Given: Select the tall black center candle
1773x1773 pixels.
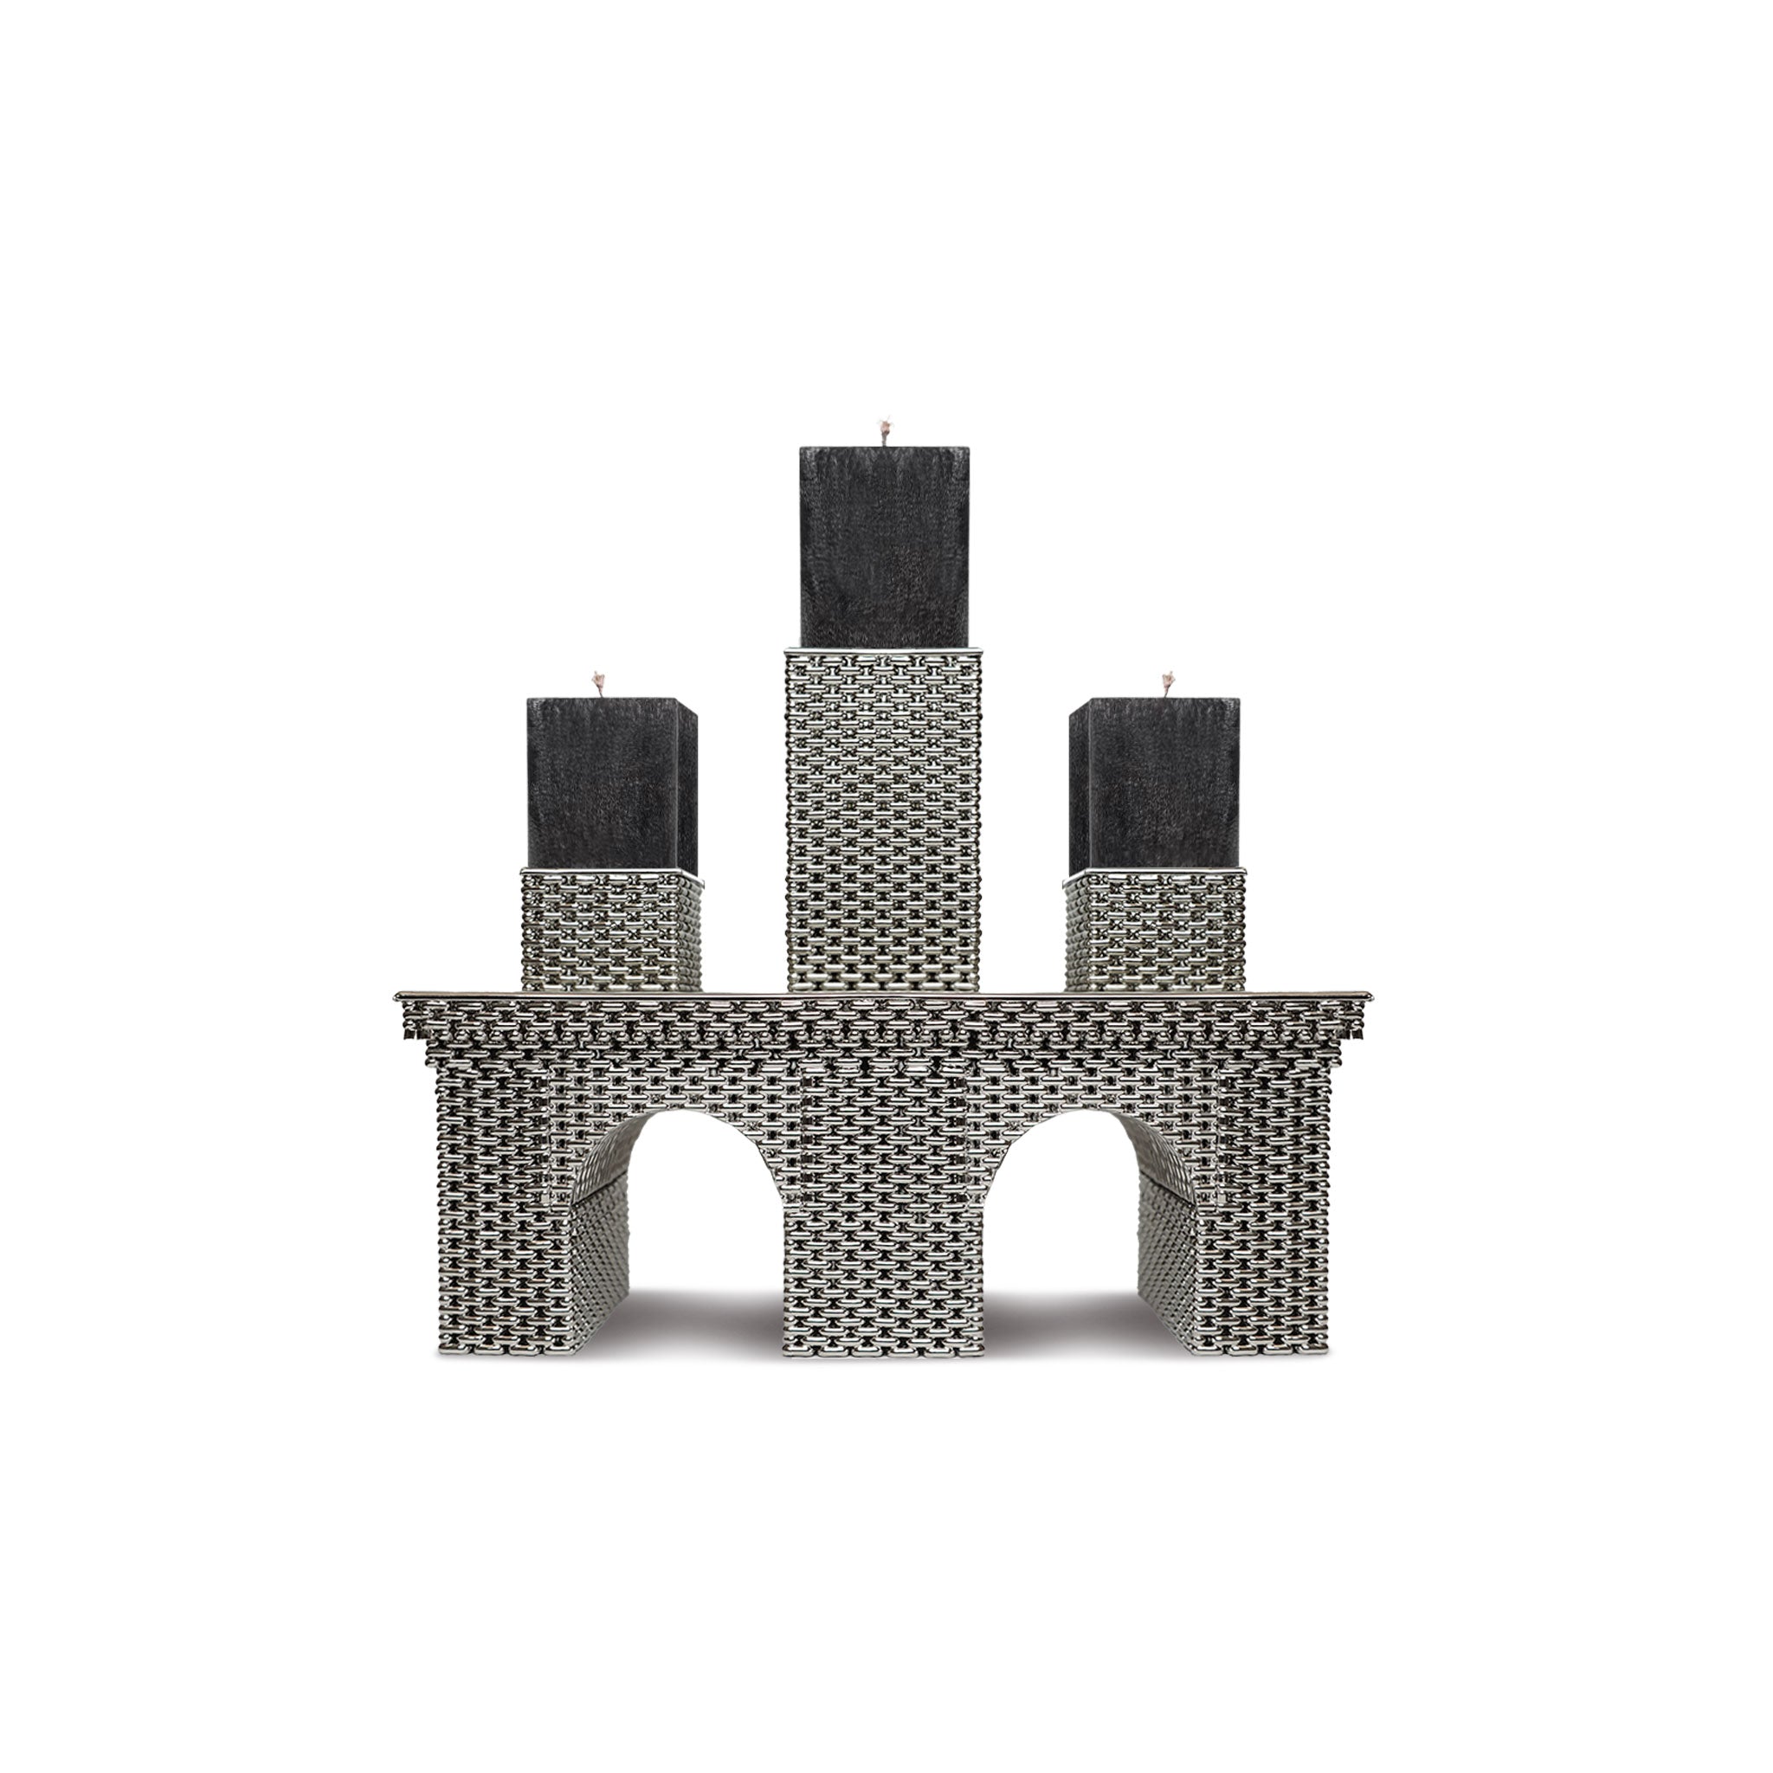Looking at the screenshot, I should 883,546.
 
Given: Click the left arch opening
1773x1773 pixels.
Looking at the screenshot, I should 703,1221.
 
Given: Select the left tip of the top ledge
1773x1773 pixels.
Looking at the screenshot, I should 400,996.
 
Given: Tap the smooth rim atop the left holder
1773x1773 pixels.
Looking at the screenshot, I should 611,873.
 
